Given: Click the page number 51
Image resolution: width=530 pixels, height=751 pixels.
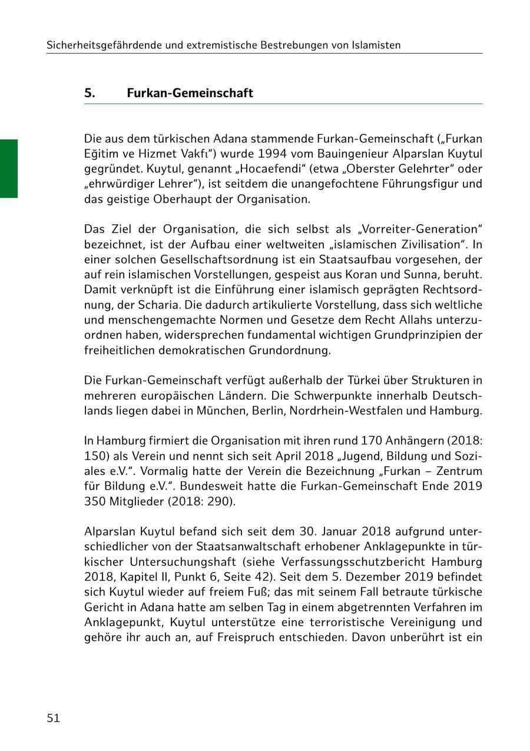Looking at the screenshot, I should (53, 717).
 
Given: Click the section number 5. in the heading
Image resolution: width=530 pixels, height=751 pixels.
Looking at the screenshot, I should (90, 93).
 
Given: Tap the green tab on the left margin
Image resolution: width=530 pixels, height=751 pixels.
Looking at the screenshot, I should (9, 168).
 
